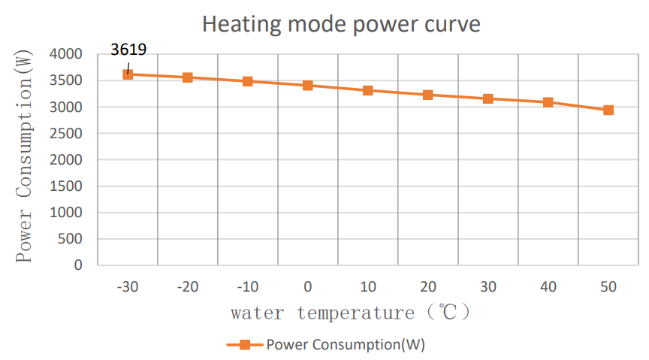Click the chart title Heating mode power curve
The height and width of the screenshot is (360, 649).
coord(341,24)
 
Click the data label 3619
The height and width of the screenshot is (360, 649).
coord(128,50)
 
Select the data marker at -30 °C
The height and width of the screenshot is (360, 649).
coord(128,74)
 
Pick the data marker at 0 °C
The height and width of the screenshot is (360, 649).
coord(308,85)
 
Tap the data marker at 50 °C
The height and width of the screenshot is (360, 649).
coord(608,110)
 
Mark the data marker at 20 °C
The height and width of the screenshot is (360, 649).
coord(428,95)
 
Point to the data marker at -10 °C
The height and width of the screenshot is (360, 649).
coord(248,81)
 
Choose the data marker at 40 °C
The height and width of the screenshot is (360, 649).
coord(548,102)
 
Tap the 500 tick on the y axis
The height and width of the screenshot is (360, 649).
coord(74,239)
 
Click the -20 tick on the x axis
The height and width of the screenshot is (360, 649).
coord(188,286)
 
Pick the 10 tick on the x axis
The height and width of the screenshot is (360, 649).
coord(368,286)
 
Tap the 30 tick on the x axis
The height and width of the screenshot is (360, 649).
coord(488,286)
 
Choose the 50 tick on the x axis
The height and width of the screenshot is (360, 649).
coord(608,286)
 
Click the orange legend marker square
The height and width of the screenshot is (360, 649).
coord(244,345)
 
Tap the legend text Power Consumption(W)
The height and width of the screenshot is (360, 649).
coord(346,345)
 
